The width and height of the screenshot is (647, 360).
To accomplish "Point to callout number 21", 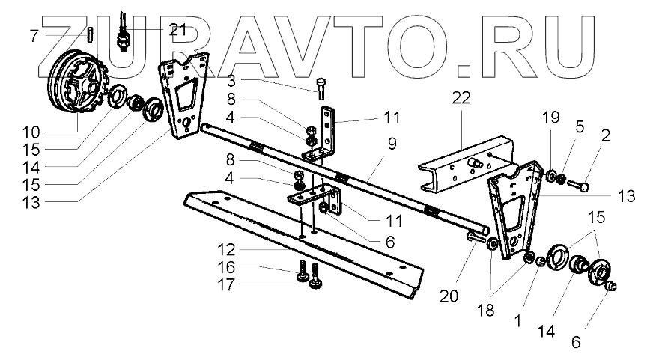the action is pyautogui.click(x=177, y=30).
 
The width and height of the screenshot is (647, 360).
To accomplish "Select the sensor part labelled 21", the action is pyautogui.click(x=123, y=34).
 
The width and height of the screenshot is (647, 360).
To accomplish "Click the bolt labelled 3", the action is pyautogui.click(x=321, y=88).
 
